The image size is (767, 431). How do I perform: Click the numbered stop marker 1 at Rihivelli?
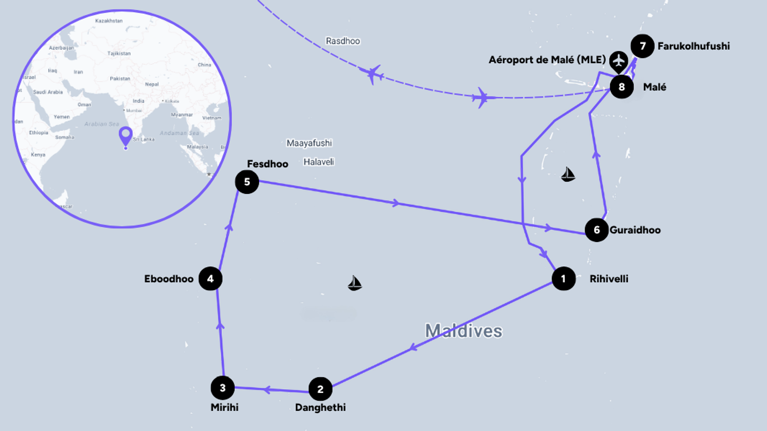[563, 279]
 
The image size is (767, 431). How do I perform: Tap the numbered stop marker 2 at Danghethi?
[320, 389]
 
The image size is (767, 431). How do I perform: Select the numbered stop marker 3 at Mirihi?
[223, 388]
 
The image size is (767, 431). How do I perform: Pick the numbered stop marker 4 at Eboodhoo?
[210, 279]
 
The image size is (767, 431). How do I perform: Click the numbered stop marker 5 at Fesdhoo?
[247, 182]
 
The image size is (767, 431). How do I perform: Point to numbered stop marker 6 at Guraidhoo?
[596, 230]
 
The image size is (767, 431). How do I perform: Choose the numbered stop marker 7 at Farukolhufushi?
[642, 46]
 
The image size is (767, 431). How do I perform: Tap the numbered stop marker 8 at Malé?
[622, 87]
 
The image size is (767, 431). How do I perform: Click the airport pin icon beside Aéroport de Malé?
[619, 61]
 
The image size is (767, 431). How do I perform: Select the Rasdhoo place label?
[343, 41]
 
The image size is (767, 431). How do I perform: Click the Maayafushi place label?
[309, 143]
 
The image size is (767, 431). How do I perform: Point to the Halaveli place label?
[319, 162]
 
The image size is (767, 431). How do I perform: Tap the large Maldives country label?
[464, 331]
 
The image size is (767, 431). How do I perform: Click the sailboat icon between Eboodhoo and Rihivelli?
[355, 284]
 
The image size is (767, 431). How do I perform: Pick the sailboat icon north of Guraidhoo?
[568, 174]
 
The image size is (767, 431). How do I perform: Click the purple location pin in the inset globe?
[125, 136]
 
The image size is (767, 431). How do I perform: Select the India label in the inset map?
[138, 101]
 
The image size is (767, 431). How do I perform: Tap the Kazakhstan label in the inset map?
[109, 21]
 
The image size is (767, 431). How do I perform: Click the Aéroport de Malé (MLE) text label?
[547, 60]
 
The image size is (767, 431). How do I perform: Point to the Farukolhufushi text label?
[693, 46]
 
